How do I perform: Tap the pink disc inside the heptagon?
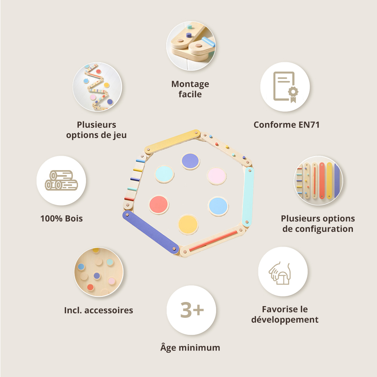point(217,176)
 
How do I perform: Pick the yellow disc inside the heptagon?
point(188,224)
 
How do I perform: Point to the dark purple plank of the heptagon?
point(150,232)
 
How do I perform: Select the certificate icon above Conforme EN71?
point(285,87)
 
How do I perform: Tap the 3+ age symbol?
point(192,310)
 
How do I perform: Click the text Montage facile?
point(190,89)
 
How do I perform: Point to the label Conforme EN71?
point(287,125)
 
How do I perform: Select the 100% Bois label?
point(61,218)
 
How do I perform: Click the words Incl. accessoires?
point(98,310)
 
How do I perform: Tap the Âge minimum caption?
point(190,347)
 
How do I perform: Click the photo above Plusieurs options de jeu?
point(97,87)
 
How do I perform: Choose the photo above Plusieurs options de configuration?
point(318,181)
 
